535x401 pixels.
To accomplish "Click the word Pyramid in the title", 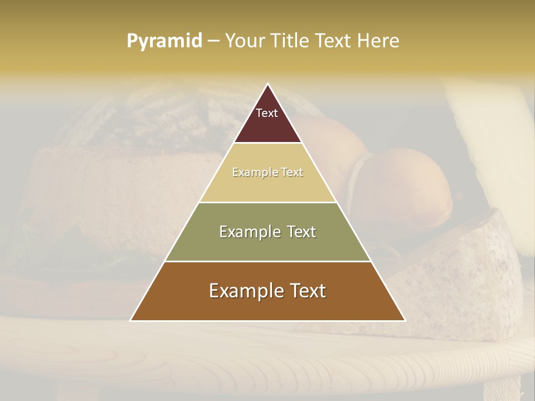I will click(x=164, y=41).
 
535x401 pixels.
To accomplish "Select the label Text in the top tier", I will click(x=267, y=113).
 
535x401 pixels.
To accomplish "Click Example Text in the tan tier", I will click(x=267, y=172).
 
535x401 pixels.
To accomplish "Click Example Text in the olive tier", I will click(x=267, y=232).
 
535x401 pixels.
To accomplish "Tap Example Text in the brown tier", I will click(x=267, y=291).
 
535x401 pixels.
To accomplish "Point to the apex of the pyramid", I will click(x=267, y=85).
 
